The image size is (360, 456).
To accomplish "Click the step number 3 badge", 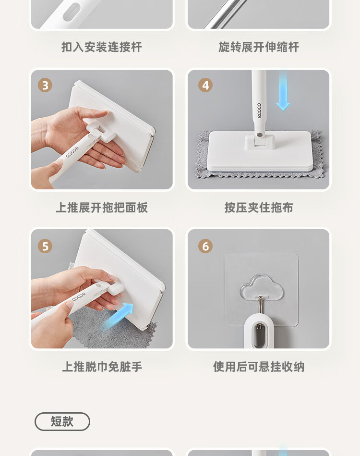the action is [45, 85].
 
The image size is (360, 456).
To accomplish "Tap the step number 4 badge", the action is [205, 85].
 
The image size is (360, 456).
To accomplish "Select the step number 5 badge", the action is [45, 246].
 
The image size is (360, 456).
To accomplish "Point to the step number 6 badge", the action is [205, 246].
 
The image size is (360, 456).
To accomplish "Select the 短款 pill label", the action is [62, 421].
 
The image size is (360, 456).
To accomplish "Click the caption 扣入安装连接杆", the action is [102, 47].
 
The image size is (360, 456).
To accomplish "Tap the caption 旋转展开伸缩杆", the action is [259, 47].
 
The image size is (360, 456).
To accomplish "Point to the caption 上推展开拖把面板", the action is [102, 208].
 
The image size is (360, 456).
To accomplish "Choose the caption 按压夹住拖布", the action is [259, 208].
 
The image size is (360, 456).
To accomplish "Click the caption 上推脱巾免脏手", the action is [102, 367].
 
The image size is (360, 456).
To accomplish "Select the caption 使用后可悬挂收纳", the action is [259, 367].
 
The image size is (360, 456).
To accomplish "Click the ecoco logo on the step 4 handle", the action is [259, 111].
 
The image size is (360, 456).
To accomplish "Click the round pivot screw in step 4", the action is [260, 135].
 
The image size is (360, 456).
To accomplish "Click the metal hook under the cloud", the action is [261, 305].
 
